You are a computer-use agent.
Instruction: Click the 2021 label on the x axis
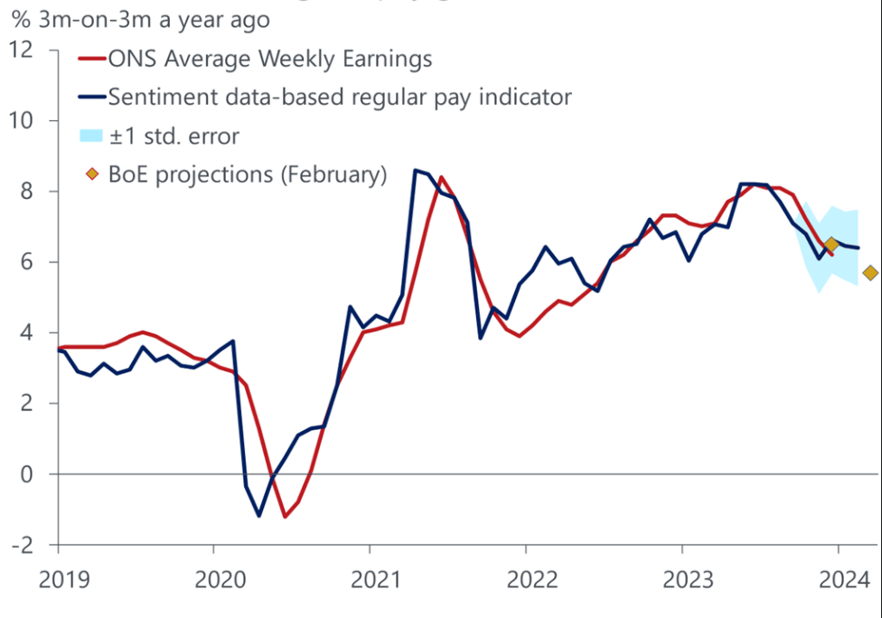coord(370,578)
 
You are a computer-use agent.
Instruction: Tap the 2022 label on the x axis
coord(526,578)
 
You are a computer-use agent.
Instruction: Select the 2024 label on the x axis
coord(838,578)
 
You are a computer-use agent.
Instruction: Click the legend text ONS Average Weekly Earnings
coord(269,60)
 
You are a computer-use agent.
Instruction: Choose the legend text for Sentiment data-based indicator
coord(339,96)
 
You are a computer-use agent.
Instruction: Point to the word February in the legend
coord(328,174)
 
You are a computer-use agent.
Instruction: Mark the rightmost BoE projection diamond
coord(870,273)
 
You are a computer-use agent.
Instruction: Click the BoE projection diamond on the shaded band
coord(831,244)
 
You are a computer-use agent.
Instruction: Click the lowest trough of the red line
coord(285,517)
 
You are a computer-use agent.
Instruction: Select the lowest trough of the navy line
coord(259,516)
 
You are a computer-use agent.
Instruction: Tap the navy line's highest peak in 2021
coord(415,169)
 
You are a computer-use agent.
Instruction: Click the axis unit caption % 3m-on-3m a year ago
coord(140,17)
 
